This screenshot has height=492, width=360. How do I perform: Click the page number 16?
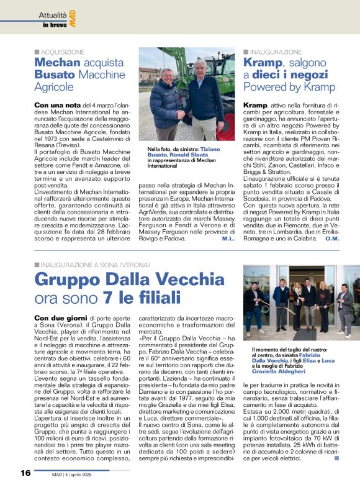pyautogui.click(x=25, y=473)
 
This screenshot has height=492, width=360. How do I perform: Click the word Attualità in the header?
pyautogui.click(x=52, y=14)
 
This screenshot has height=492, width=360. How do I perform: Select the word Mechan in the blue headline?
pyautogui.click(x=58, y=63)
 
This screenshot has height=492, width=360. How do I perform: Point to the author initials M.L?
pyautogui.click(x=228, y=239)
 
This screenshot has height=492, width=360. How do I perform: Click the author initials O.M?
pyautogui.click(x=331, y=239)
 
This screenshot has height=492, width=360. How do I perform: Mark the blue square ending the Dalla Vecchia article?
pyautogui.click(x=336, y=458)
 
